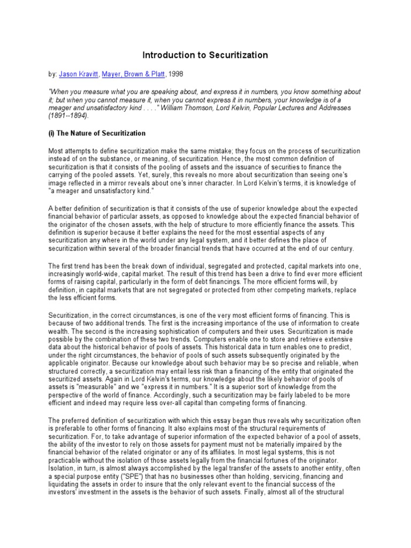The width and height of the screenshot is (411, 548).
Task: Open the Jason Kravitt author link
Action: pos(78,74)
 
